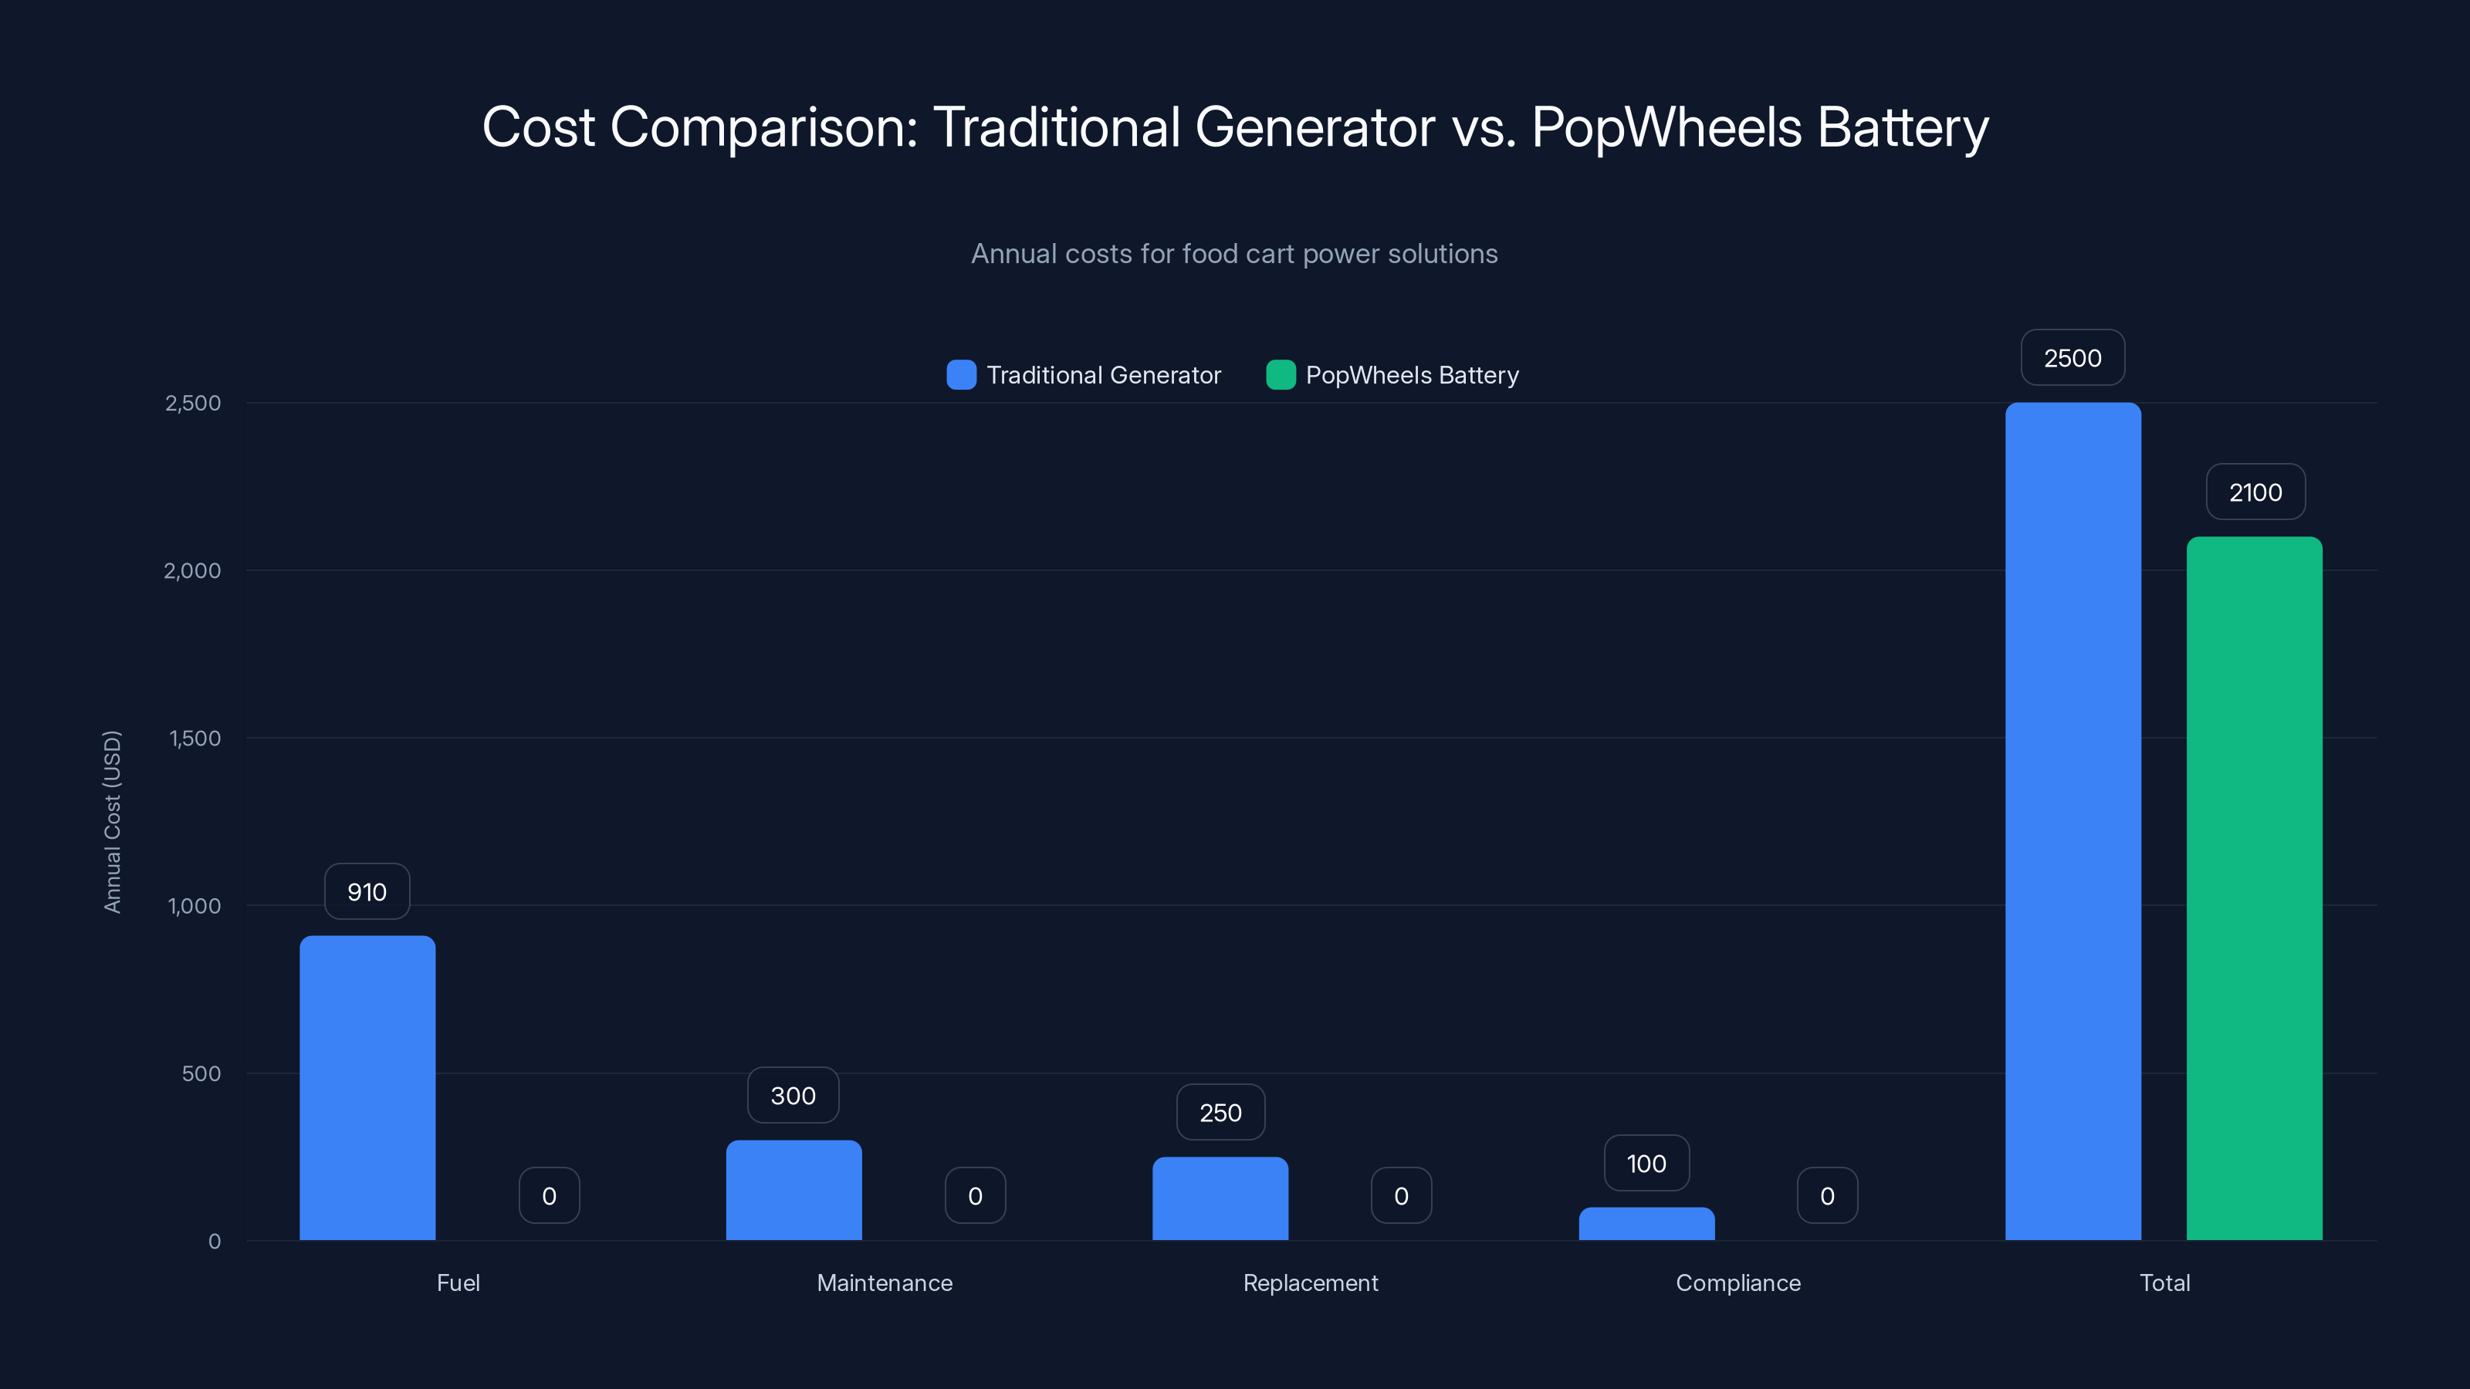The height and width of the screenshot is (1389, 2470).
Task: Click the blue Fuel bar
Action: [x=367, y=1087]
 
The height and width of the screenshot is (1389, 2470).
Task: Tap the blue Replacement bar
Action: [x=1220, y=1198]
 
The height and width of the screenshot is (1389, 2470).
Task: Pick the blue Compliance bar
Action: [x=1646, y=1223]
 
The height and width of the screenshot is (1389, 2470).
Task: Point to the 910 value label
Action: [x=367, y=891]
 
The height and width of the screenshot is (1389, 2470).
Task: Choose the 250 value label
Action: [x=1220, y=1112]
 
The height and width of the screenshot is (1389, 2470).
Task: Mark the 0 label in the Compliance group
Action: [x=1826, y=1195]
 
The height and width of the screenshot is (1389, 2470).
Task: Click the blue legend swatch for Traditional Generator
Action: [x=961, y=375]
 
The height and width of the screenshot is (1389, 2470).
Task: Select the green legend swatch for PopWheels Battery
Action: [x=1280, y=375]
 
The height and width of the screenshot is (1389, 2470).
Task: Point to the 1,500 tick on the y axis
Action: [x=195, y=738]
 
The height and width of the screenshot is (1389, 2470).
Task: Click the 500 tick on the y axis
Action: [x=201, y=1073]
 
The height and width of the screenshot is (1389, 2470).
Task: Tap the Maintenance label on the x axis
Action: [x=884, y=1283]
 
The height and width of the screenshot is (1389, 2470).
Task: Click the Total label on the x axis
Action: [x=2164, y=1283]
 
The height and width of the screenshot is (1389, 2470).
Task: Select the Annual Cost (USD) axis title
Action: [x=112, y=822]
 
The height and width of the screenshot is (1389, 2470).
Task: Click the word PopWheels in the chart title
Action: [x=1666, y=127]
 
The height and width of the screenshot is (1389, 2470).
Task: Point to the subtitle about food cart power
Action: [x=1234, y=254]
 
